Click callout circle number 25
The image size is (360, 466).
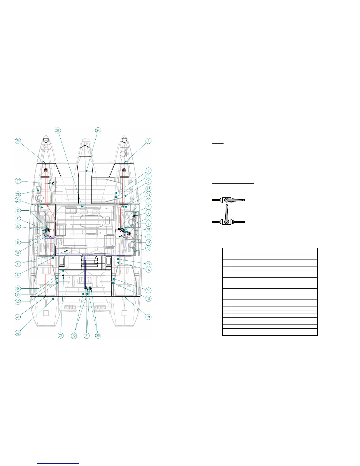click(x=58, y=130)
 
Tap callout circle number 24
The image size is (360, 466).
click(x=98, y=130)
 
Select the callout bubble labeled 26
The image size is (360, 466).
click(x=18, y=141)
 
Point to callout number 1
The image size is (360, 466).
click(x=148, y=141)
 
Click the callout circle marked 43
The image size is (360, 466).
click(x=148, y=189)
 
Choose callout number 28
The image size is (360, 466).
click(x=18, y=194)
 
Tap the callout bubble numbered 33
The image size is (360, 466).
click(x=18, y=242)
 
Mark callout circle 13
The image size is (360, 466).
click(x=148, y=248)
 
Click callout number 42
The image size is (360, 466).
click(x=18, y=333)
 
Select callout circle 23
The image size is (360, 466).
click(x=61, y=336)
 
